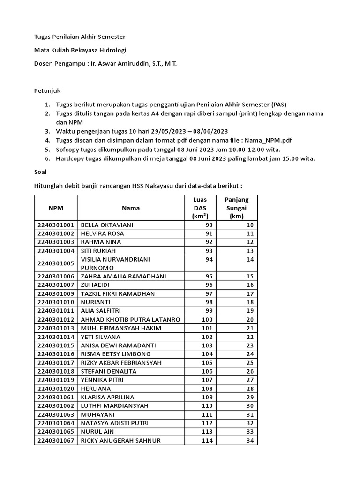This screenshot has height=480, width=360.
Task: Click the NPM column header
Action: [x=56, y=208]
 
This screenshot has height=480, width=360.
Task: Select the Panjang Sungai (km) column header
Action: [x=236, y=208]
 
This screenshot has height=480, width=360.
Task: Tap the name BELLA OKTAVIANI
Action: [x=107, y=225]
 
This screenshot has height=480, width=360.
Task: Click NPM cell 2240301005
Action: [x=56, y=263]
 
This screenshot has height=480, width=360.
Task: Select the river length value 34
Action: [x=249, y=440]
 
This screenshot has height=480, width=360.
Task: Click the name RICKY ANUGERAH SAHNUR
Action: [x=120, y=440]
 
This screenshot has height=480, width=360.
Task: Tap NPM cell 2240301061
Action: [x=56, y=397]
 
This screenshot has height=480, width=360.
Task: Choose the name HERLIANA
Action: [x=96, y=389]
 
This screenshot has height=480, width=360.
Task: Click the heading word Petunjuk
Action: [x=47, y=90]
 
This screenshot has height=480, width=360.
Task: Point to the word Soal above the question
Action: [x=40, y=172]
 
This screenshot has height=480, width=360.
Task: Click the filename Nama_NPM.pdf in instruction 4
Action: [x=272, y=140]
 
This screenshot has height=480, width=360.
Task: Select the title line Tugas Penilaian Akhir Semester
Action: [x=80, y=37]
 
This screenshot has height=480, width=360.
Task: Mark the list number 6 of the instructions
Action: [x=47, y=158]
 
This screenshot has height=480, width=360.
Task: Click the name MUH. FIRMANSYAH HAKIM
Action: [x=121, y=328]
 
